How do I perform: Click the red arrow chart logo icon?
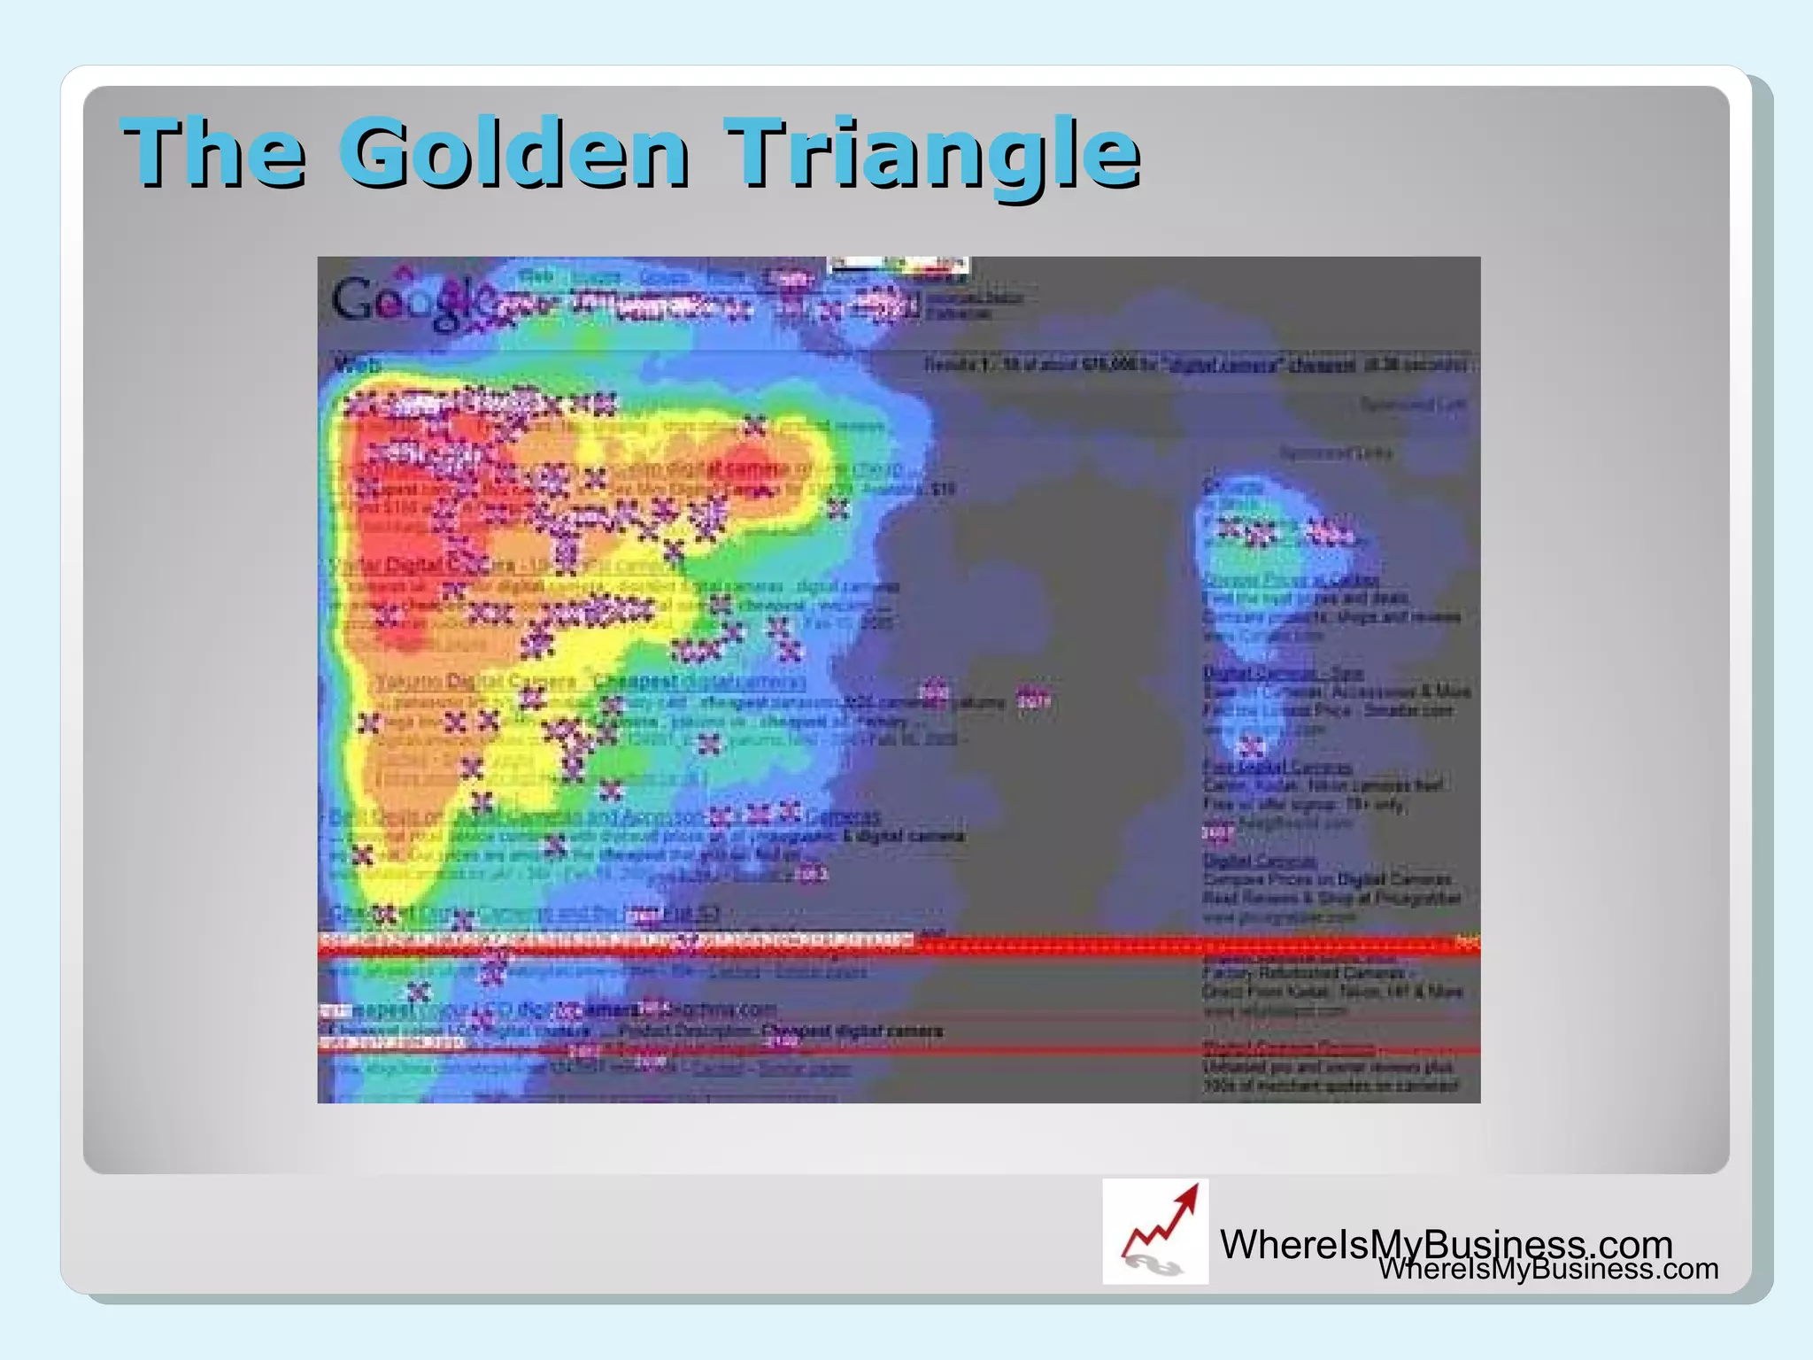tap(1155, 1232)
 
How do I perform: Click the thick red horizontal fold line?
tap(899, 947)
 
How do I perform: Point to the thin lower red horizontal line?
tap(899, 1051)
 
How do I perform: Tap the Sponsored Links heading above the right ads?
tap(1336, 453)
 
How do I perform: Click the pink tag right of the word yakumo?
tap(1032, 700)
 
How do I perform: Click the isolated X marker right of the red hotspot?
tap(837, 508)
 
